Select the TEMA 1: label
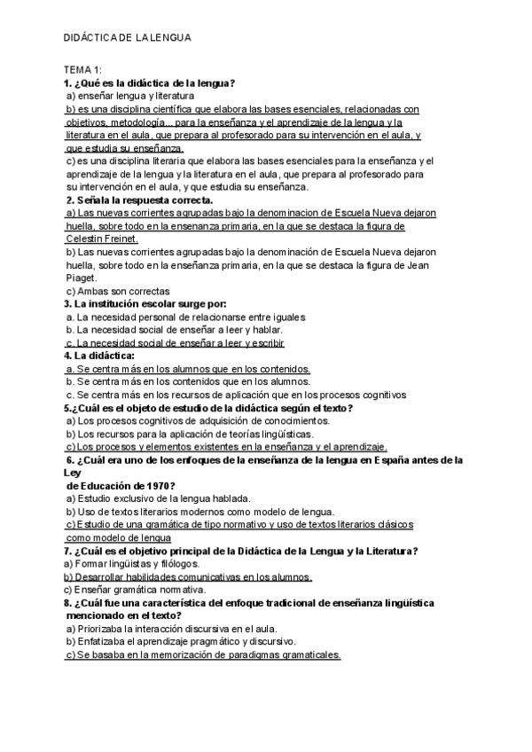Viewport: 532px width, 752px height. pyautogui.click(x=82, y=71)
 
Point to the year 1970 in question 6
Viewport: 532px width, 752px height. pyautogui.click(x=158, y=486)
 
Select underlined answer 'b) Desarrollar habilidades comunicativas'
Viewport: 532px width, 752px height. pyautogui.click(x=186, y=577)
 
